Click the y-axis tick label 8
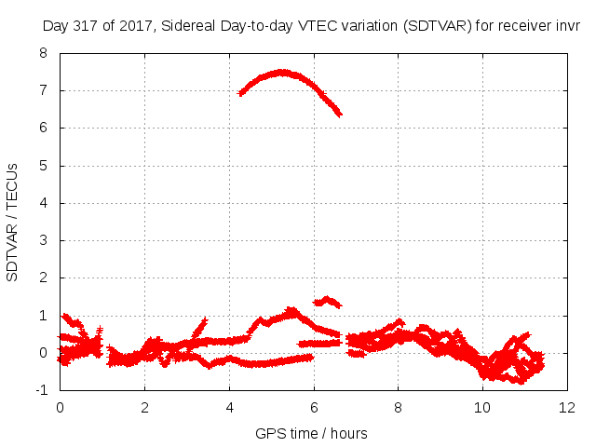click(x=43, y=53)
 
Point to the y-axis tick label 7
click(x=43, y=90)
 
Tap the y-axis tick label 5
click(x=43, y=166)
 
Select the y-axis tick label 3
click(x=43, y=240)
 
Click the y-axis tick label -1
click(x=41, y=390)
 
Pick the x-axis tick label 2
click(x=144, y=408)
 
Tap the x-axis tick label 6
click(x=314, y=408)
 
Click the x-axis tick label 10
click(x=482, y=408)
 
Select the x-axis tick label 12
click(x=567, y=408)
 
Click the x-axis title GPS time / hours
click(x=311, y=433)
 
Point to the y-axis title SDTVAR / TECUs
click(x=12, y=223)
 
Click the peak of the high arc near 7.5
click(x=282, y=73)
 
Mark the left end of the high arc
click(x=240, y=93)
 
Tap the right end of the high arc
click(x=340, y=114)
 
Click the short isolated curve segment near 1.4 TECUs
click(x=327, y=301)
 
